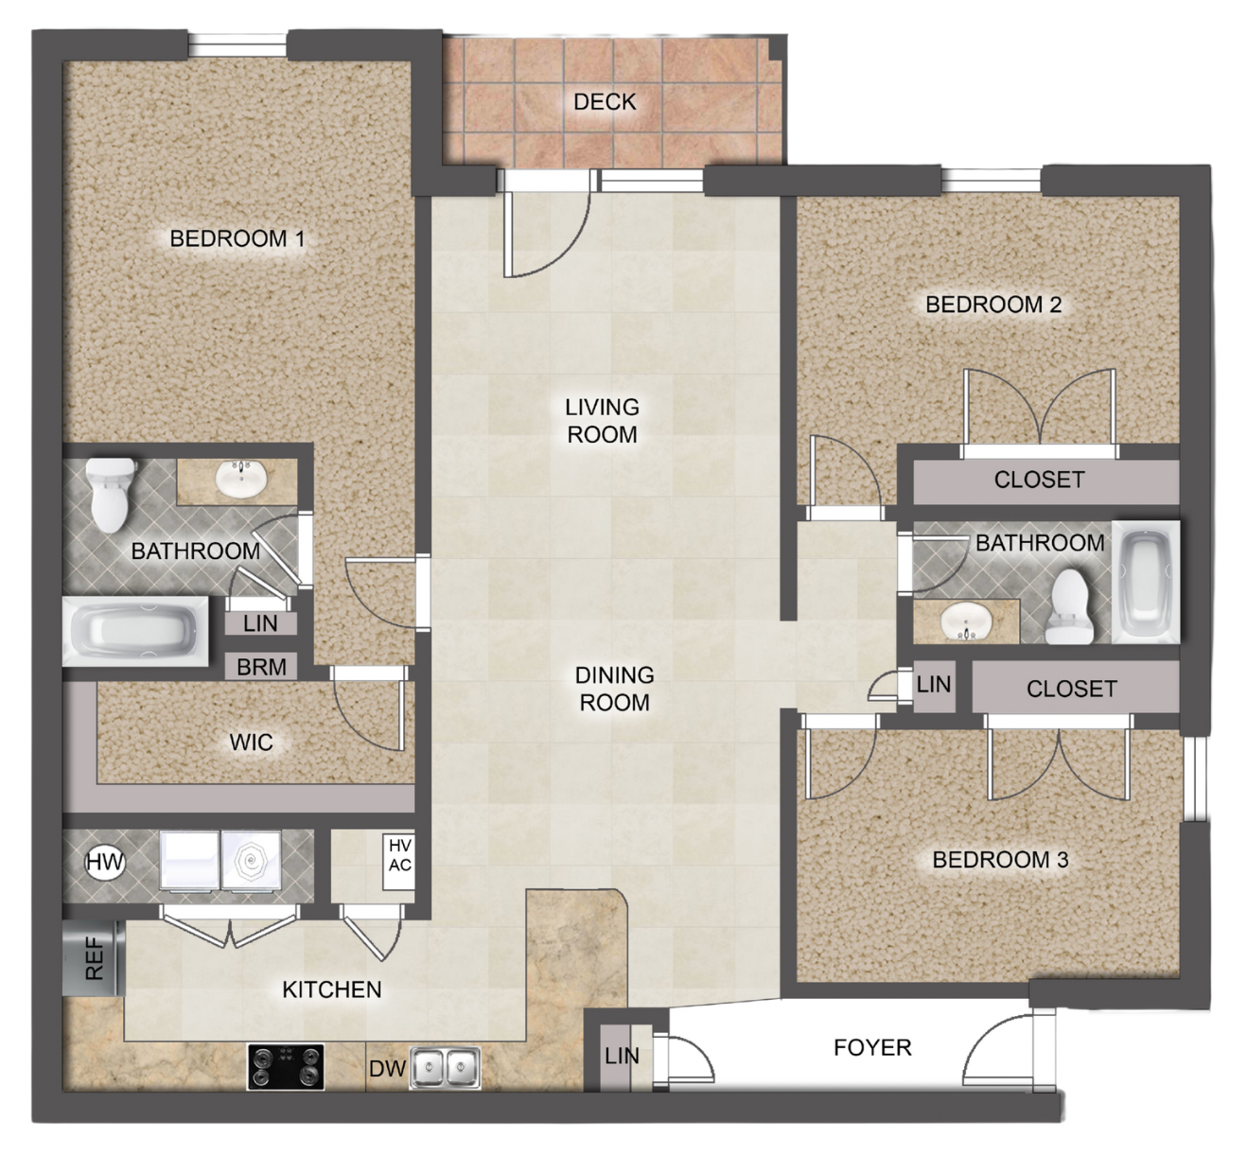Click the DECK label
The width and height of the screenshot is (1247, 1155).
point(605,102)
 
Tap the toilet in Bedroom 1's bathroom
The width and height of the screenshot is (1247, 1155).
point(111,493)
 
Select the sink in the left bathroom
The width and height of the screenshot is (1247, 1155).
point(241,479)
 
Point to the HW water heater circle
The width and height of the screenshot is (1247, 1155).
point(105,862)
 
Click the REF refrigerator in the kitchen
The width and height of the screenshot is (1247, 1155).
point(94,958)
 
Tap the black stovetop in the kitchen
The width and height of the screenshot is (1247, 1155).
point(286,1067)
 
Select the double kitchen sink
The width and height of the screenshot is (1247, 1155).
point(445,1069)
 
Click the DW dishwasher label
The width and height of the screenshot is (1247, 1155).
point(387,1069)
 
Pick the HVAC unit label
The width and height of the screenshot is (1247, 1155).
point(399,856)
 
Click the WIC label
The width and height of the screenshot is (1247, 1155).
point(251,743)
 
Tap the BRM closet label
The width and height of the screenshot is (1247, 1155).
point(261,667)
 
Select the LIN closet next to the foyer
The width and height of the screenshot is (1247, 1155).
point(622,1056)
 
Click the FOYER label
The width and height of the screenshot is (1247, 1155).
point(871,1048)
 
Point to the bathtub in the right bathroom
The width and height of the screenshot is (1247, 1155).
point(1146,581)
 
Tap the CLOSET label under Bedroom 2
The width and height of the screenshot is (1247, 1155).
point(1038,480)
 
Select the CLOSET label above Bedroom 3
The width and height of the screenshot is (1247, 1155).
point(1071,689)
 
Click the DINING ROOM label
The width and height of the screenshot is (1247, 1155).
point(614,689)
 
